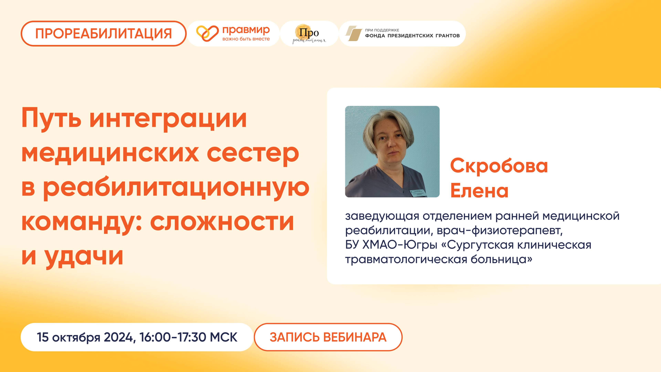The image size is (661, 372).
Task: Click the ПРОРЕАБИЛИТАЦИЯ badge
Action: (103, 34)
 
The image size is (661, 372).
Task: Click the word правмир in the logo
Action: (246, 30)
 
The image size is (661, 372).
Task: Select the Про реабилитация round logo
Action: (309, 34)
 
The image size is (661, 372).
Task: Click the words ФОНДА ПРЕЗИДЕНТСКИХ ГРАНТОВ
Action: (412, 36)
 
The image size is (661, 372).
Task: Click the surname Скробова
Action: (499, 166)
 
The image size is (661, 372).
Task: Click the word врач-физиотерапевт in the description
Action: (500, 231)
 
